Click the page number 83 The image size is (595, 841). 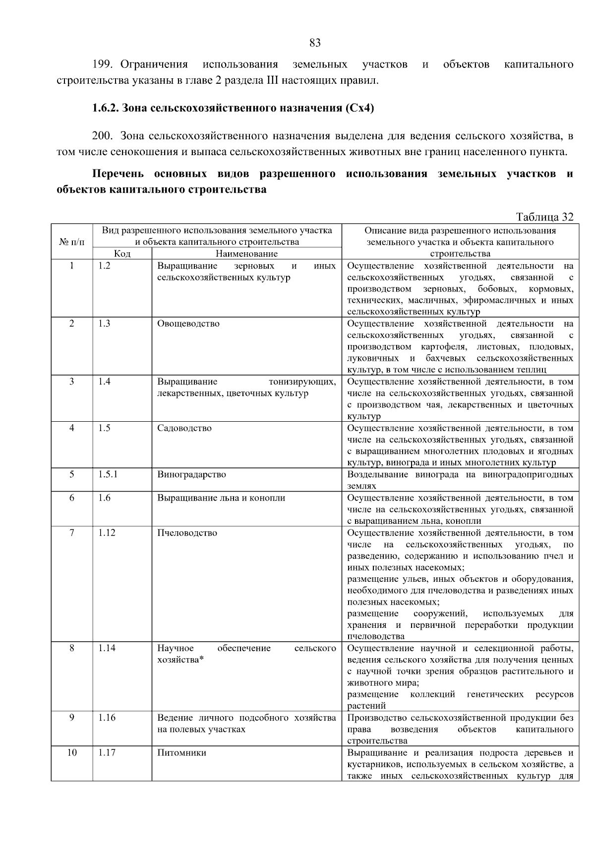(315, 43)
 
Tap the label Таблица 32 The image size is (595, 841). (544, 217)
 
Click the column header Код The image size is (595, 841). (122, 254)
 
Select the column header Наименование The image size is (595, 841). (246, 254)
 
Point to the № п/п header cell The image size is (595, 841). (72, 242)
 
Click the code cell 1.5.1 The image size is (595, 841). (108, 474)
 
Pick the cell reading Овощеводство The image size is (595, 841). (188, 324)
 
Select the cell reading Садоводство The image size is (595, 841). (184, 428)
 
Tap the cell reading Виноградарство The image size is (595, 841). (191, 474)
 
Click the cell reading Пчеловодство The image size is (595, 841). (187, 533)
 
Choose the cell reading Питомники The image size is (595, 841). (181, 753)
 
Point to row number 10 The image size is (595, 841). (72, 753)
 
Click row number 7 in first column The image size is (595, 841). (72, 533)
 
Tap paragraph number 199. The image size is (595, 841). (104, 64)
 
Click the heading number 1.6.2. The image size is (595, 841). (106, 108)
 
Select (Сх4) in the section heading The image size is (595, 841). (359, 108)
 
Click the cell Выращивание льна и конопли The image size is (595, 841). (221, 498)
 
